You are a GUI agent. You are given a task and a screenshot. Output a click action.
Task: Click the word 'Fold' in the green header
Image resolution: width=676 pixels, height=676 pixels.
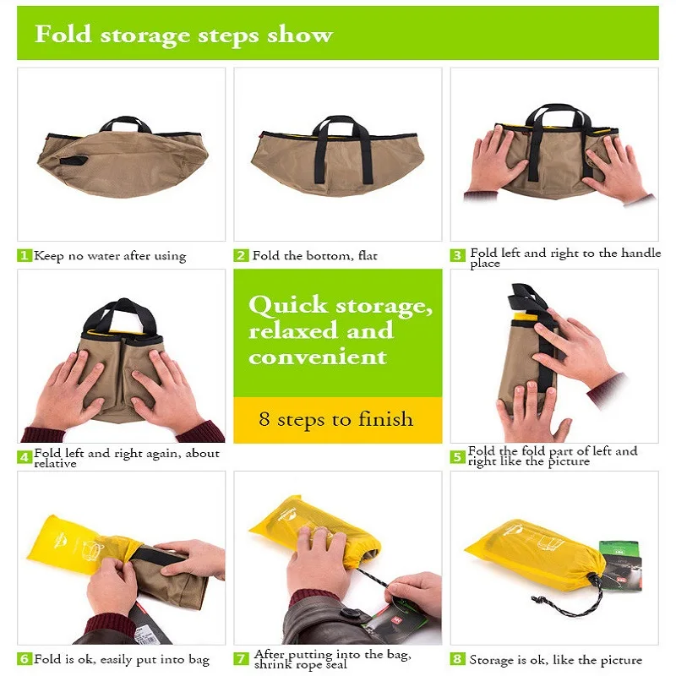tap(63, 34)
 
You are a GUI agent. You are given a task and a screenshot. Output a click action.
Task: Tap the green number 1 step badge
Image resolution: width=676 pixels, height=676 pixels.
tap(25, 255)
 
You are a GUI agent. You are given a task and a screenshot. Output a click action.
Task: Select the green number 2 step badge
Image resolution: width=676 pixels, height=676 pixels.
tap(241, 255)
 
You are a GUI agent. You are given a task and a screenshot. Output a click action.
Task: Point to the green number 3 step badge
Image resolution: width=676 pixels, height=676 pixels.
tap(457, 255)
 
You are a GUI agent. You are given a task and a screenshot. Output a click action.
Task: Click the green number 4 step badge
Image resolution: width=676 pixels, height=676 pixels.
tap(25, 457)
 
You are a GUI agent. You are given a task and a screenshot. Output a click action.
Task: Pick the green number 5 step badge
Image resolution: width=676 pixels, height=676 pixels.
tap(457, 456)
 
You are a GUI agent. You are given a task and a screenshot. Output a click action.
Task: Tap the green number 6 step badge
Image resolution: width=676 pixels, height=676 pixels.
tap(25, 659)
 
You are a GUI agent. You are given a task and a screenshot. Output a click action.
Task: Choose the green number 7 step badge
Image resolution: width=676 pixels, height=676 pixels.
tap(241, 659)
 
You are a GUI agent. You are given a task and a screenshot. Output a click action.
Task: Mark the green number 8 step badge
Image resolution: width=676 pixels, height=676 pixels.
tap(457, 659)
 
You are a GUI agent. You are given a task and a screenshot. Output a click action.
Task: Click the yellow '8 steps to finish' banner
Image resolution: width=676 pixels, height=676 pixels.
tap(337, 419)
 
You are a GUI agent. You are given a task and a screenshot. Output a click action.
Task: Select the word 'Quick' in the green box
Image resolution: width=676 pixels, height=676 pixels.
tap(288, 305)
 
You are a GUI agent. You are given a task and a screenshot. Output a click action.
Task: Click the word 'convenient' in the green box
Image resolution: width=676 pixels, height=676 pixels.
tap(318, 357)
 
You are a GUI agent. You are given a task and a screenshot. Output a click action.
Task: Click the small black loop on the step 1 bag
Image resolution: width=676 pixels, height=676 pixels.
tap(74, 161)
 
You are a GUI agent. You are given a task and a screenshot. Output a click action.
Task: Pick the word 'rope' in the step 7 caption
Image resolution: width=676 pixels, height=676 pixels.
tap(305, 665)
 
